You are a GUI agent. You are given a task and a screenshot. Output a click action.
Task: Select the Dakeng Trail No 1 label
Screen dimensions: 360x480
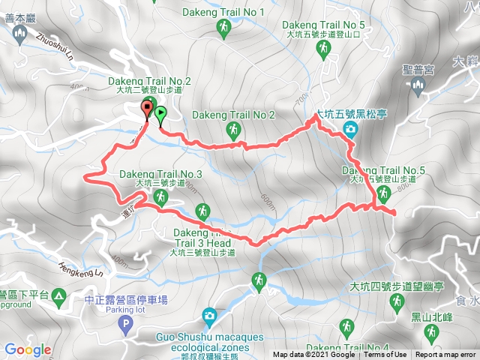[x=223, y=13]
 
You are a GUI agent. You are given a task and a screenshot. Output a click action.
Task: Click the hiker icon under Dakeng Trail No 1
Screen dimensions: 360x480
[x=223, y=28]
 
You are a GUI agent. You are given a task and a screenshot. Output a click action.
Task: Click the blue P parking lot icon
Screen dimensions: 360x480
[x=125, y=323]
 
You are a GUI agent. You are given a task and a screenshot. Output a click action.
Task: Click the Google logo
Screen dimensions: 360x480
[x=28, y=349]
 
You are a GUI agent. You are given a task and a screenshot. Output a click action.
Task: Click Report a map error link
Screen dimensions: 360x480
[x=446, y=355]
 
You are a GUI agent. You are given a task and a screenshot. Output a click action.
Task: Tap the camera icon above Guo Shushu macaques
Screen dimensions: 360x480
[x=208, y=315]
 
